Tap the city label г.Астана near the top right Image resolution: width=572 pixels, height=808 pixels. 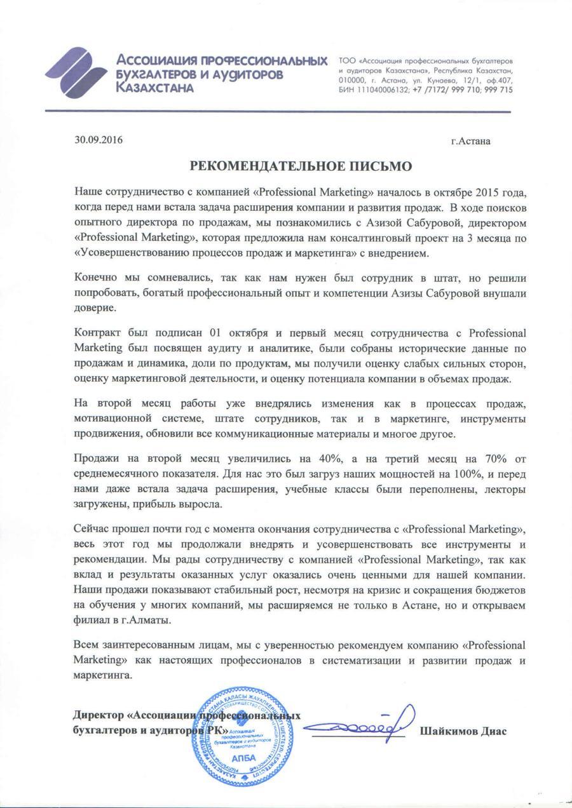pyautogui.click(x=470, y=141)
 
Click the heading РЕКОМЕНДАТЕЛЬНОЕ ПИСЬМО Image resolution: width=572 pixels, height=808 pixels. pyautogui.click(x=302, y=166)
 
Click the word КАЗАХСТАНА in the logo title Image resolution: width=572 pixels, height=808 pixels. pyautogui.click(x=156, y=88)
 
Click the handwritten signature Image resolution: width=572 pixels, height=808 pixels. pyautogui.click(x=362, y=724)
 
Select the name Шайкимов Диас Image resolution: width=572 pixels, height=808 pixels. pyautogui.click(x=463, y=731)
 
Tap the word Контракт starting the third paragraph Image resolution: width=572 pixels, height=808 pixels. pyautogui.click(x=98, y=333)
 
